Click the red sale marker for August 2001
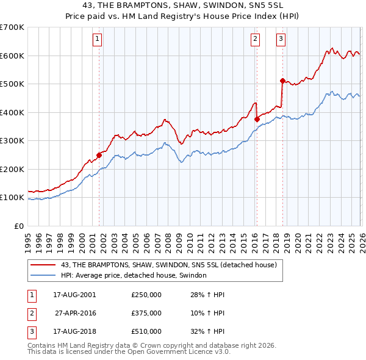pos(99,155)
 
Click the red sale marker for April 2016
pos(257,120)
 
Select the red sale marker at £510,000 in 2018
pos(282,81)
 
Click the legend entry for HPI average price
pos(134,276)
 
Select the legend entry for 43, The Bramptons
pos(169,265)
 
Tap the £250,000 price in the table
pos(146,295)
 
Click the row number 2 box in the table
pos(30,313)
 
